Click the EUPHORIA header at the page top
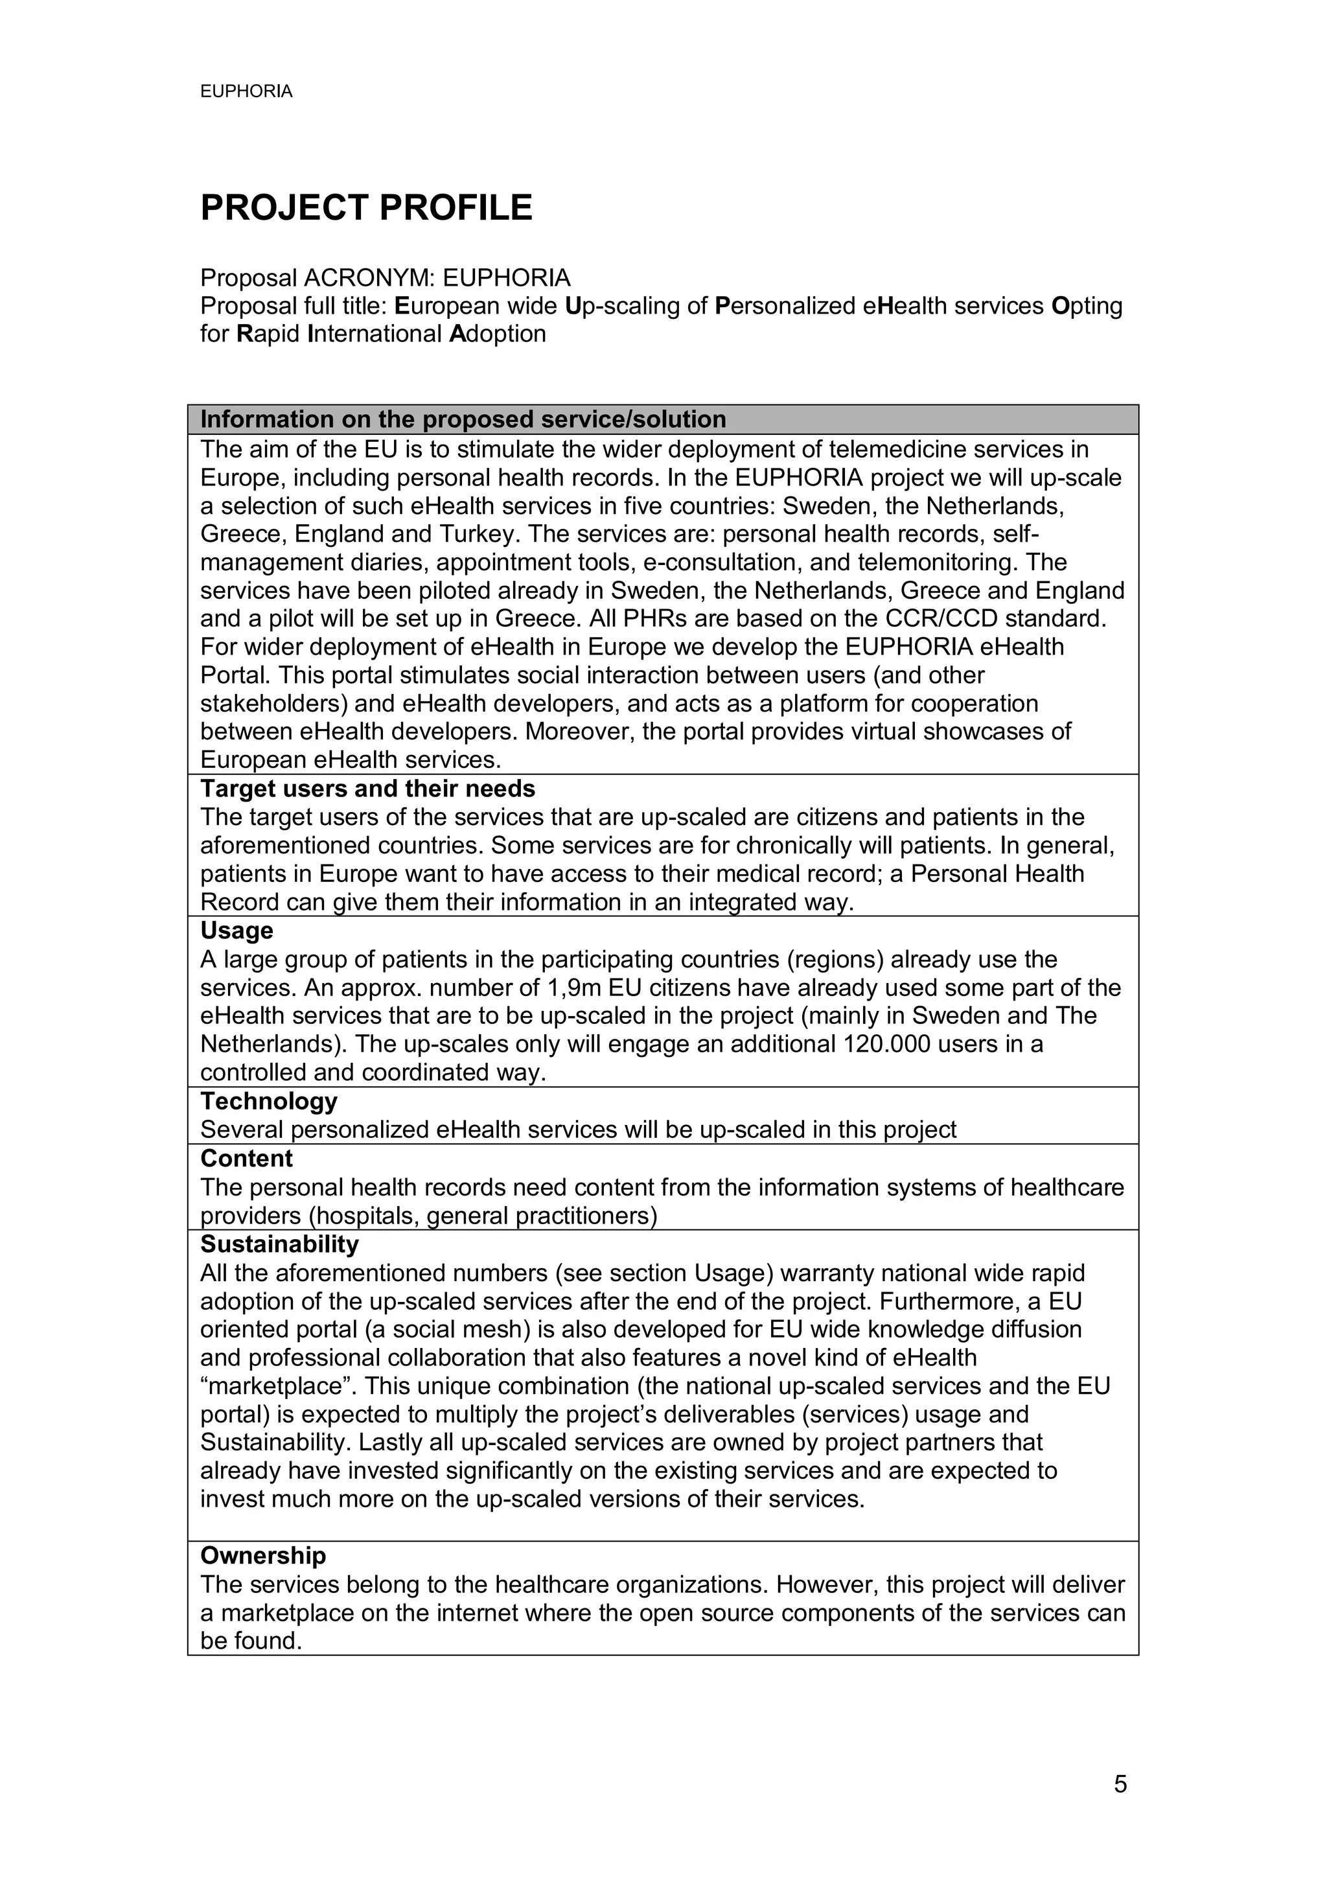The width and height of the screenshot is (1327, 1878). coord(246,91)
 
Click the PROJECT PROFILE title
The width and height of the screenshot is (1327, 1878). coord(365,208)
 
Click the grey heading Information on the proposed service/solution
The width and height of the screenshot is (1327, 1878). coord(463,420)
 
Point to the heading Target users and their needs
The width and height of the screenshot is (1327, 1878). coord(367,789)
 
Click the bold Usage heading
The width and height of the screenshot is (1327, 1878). coord(237,931)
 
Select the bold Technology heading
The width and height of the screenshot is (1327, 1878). coord(268,1101)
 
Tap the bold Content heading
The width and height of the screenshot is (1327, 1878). coord(246,1158)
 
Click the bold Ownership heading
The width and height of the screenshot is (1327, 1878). coord(262,1556)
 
